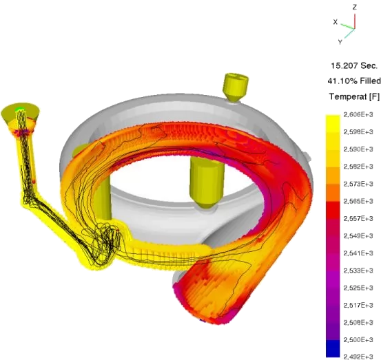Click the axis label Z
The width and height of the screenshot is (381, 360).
pos(355,8)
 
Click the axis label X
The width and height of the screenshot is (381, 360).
pos(336,22)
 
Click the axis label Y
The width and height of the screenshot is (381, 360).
pos(340,42)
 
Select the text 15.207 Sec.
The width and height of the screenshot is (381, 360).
pos(354,66)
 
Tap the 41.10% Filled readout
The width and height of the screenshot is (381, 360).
pos(354,81)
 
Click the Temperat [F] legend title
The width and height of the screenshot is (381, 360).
pos(354,96)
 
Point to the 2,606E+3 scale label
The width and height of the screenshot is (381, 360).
pos(358,114)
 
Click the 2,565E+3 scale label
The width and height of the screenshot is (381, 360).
pos(358,201)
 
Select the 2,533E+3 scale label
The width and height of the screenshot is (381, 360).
pos(358,271)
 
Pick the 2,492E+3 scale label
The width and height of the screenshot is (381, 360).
pos(358,357)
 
